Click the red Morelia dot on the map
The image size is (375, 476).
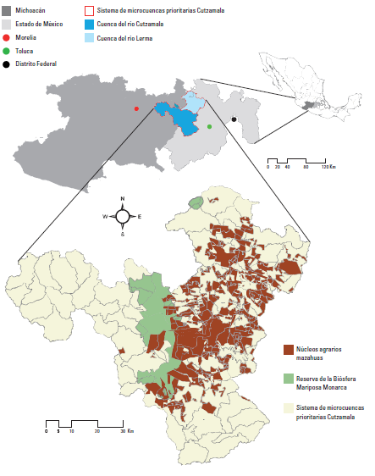136,108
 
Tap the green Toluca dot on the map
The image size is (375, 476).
210,127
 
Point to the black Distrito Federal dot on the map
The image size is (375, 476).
234,119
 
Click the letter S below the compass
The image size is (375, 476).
122,234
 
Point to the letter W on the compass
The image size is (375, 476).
105,217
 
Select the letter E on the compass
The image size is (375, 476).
139,217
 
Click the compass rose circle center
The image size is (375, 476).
122,216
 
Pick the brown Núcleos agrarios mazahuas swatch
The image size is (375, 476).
288,349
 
